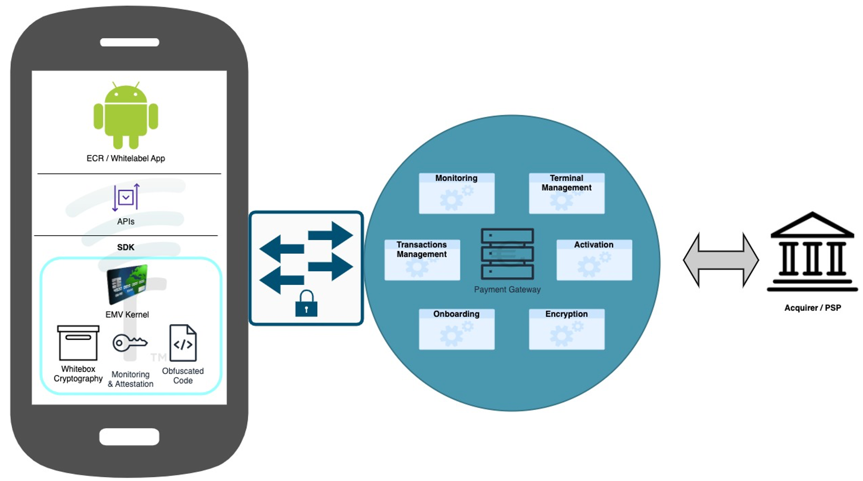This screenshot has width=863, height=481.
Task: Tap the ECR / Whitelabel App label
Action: pos(126,158)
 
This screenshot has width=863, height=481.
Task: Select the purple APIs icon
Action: pos(126,197)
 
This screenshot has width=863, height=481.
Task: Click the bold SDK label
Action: pos(126,247)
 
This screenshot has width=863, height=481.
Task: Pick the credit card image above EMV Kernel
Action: pos(127,284)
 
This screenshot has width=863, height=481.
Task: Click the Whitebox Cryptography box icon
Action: pos(78,343)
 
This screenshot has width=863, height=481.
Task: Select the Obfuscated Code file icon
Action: pos(183,343)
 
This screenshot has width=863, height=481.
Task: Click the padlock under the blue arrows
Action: pos(306,304)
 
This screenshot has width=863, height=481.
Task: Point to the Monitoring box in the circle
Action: pos(457,193)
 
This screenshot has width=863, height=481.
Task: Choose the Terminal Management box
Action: pos(566,193)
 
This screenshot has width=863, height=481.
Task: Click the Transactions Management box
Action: pos(422,259)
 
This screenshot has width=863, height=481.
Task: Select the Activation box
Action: pos(594,259)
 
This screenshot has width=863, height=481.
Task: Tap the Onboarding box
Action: pos(457,329)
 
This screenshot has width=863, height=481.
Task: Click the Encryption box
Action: pos(566,329)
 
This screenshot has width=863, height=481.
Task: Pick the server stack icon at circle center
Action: pos(507,254)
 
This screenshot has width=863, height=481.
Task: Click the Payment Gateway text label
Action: pos(507,289)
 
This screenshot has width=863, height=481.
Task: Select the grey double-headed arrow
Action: pos(720,260)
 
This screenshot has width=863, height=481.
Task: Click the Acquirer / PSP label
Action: pos(812,308)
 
